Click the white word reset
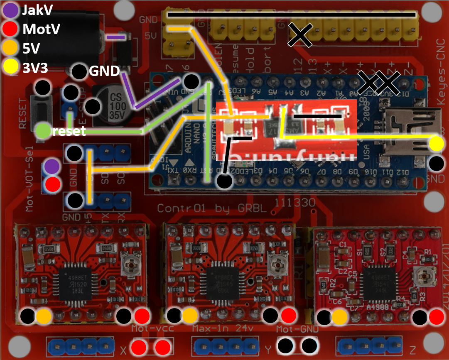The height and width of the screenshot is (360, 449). point(69,132)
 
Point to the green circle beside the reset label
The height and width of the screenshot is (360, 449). point(43,131)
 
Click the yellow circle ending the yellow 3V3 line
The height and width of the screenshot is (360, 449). point(436,144)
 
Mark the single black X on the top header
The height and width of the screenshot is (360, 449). point(300,35)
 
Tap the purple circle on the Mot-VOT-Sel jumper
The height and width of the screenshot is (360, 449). point(52,166)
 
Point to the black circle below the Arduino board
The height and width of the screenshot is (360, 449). point(224,181)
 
